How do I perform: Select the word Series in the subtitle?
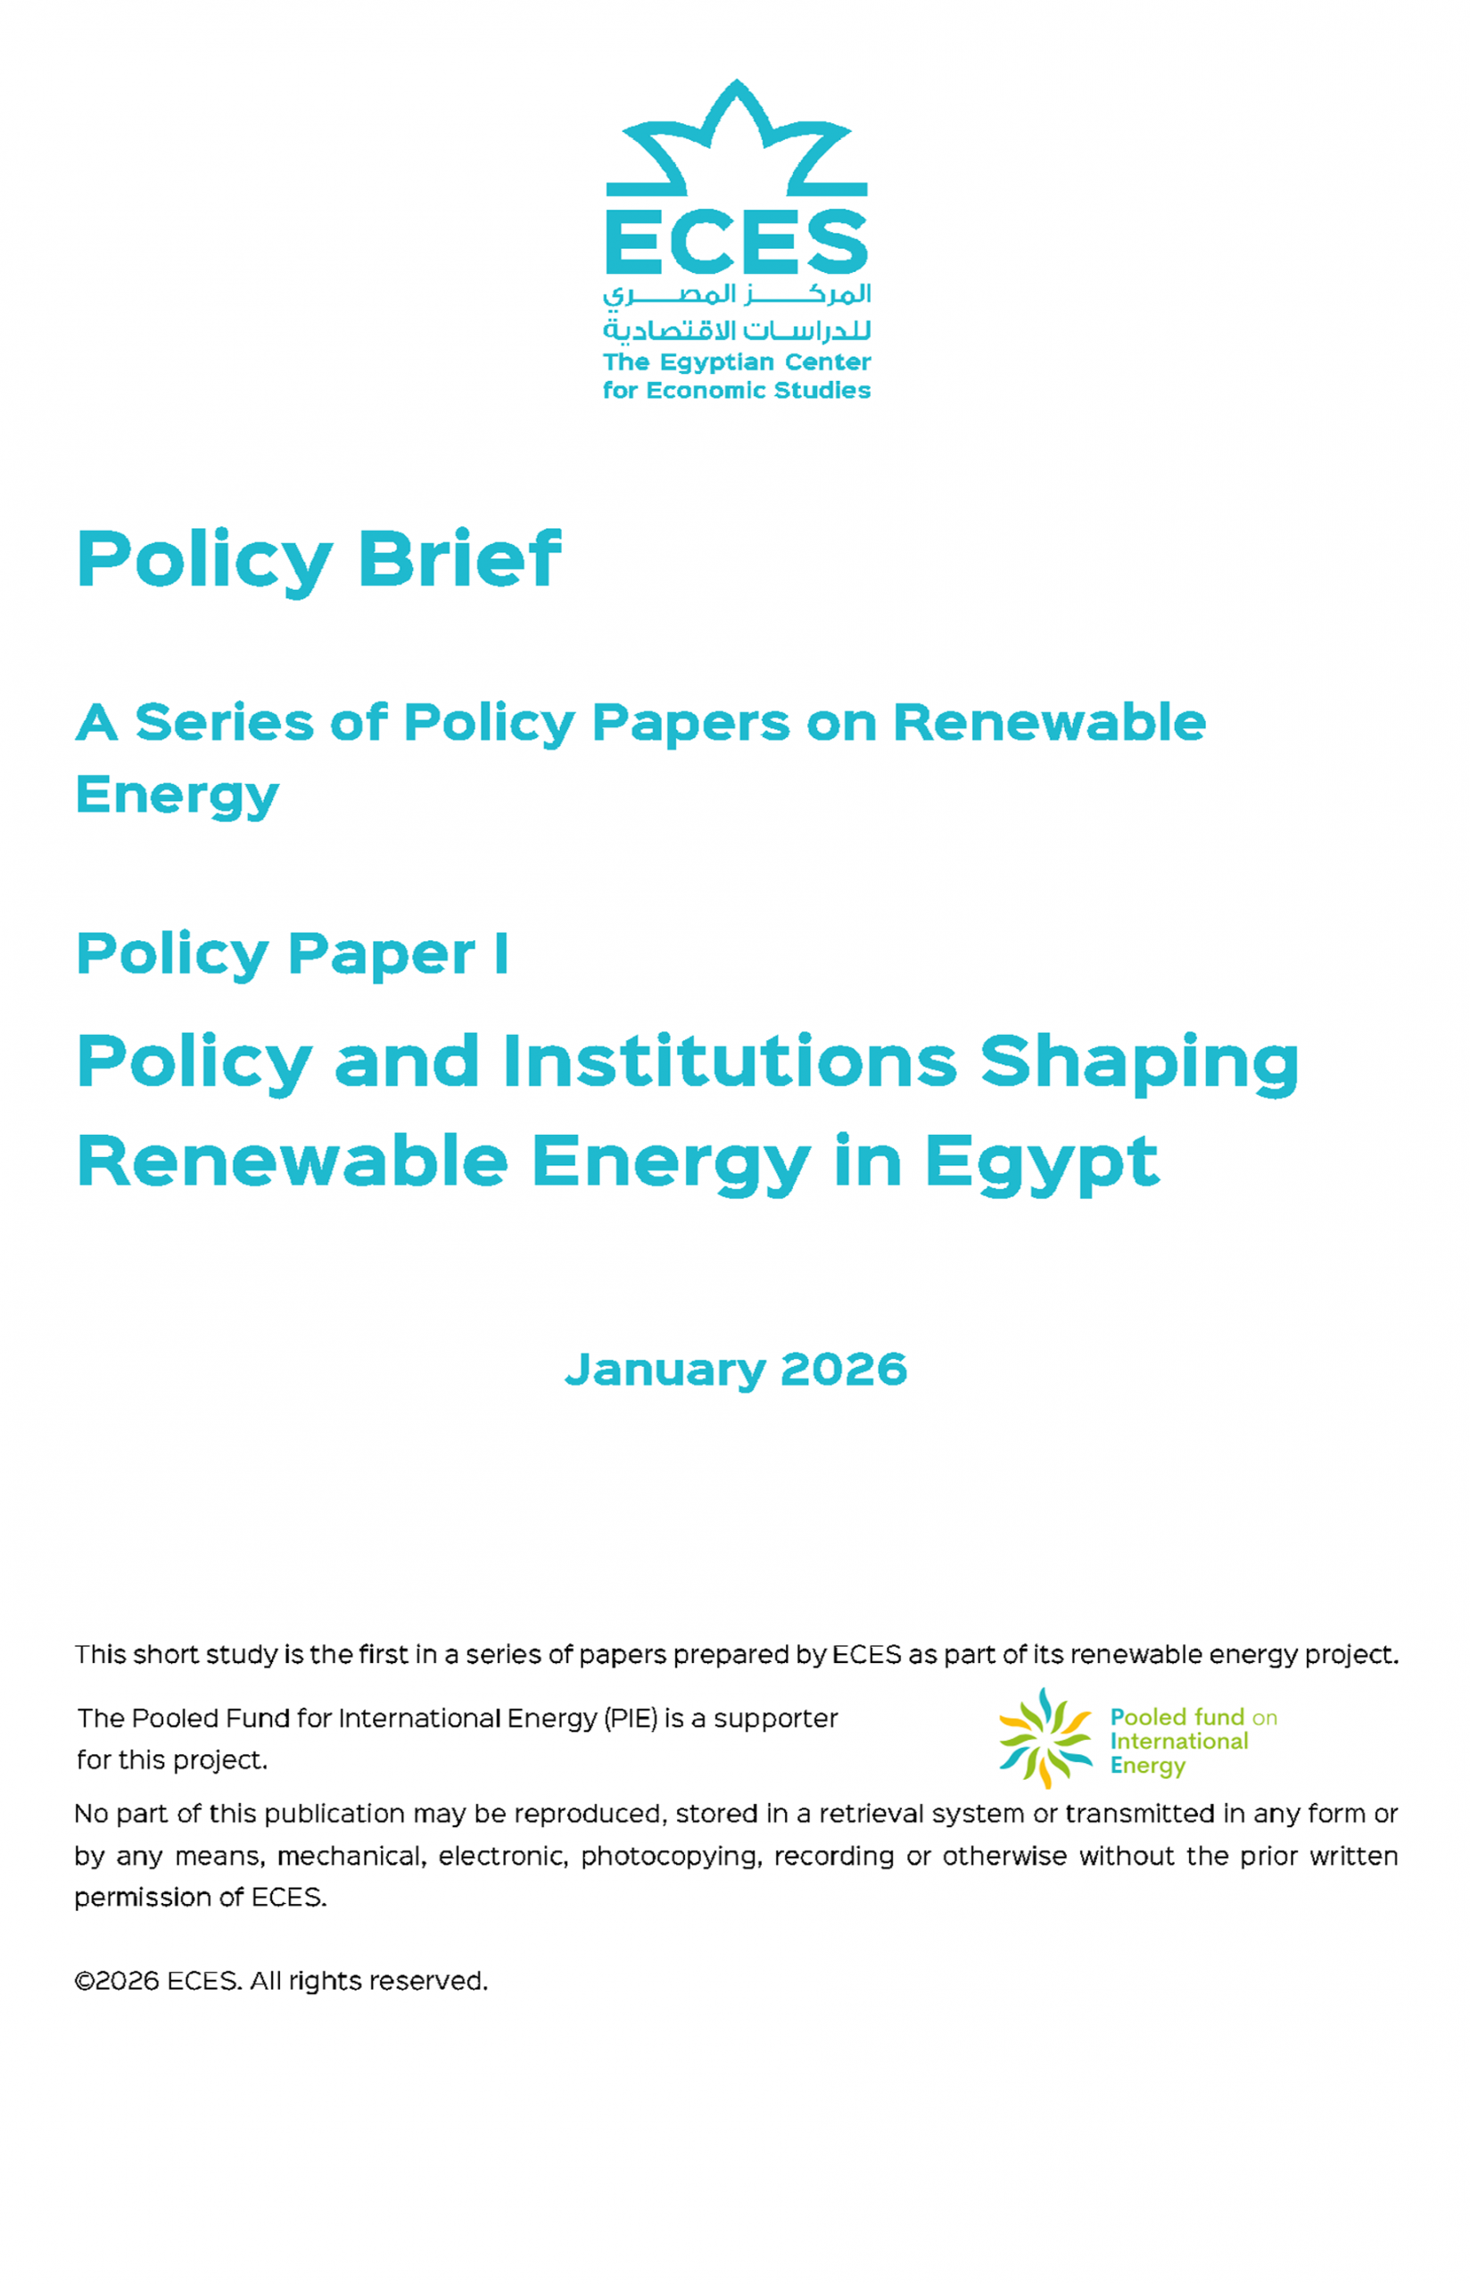(223, 723)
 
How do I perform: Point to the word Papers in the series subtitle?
(691, 723)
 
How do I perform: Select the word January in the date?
(665, 1370)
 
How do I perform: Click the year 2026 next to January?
(843, 1370)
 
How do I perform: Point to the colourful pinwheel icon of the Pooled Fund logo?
(1045, 1738)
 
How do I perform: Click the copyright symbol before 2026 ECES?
(84, 1982)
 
